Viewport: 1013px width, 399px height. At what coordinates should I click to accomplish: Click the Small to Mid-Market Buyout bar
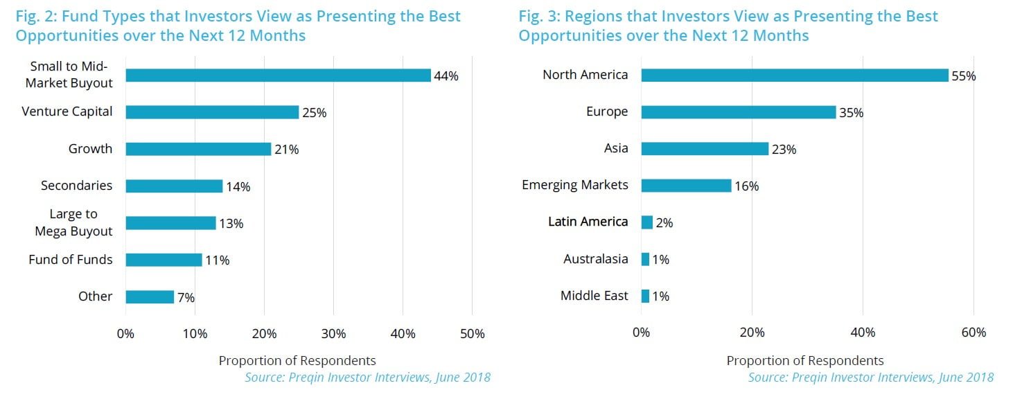click(x=278, y=76)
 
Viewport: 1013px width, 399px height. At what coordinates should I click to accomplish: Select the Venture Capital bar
click(x=212, y=112)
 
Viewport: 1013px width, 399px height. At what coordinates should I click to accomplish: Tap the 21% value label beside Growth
click(x=286, y=150)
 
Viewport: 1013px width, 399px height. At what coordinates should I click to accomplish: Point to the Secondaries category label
click(x=76, y=186)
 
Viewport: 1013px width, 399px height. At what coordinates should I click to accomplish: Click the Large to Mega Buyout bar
click(x=170, y=223)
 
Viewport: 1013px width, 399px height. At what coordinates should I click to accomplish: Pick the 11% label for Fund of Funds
click(x=217, y=260)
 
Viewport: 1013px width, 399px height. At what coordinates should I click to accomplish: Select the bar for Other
click(x=150, y=297)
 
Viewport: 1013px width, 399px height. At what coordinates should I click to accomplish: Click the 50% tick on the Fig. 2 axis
click(x=472, y=334)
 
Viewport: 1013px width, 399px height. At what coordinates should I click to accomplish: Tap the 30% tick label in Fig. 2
click(x=333, y=334)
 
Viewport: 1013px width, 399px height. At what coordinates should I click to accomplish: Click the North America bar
click(x=794, y=76)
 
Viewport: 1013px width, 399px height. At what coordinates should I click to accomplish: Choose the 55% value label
click(x=963, y=76)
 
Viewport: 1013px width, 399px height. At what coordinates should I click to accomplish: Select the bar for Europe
click(x=739, y=112)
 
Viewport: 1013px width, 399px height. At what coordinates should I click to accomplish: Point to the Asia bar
click(x=705, y=149)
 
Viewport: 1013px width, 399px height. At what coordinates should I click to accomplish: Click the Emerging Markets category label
click(x=575, y=185)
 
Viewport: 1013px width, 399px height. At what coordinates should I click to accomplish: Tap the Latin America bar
click(x=647, y=222)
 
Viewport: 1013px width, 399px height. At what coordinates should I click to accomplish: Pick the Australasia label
click(x=596, y=259)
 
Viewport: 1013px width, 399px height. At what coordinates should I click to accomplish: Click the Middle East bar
click(x=645, y=296)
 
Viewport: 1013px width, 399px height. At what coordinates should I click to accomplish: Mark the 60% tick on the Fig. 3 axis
click(x=974, y=333)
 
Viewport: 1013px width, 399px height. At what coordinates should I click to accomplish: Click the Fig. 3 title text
click(x=728, y=26)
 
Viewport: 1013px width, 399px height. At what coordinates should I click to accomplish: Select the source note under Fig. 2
click(x=367, y=378)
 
